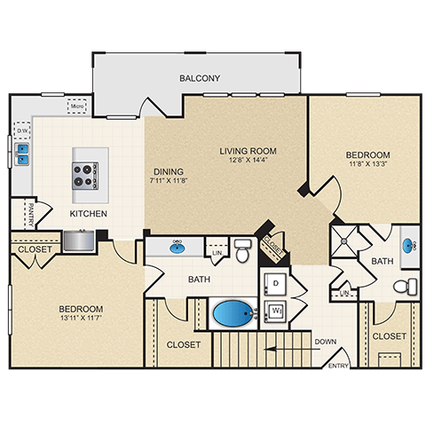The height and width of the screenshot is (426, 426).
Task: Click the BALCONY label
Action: [200, 78]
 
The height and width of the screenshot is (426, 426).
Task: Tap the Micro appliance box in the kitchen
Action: [77, 108]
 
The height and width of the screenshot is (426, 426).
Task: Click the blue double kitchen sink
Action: [21, 154]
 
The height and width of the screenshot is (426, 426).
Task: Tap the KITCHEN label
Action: [89, 215]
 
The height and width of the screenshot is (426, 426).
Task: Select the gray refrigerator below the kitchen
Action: [78, 241]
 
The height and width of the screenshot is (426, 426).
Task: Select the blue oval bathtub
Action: [233, 314]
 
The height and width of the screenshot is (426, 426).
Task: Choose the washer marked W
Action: [276, 312]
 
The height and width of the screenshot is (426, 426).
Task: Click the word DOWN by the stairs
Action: [325, 341]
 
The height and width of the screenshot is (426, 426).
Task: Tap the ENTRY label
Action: [338, 365]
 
